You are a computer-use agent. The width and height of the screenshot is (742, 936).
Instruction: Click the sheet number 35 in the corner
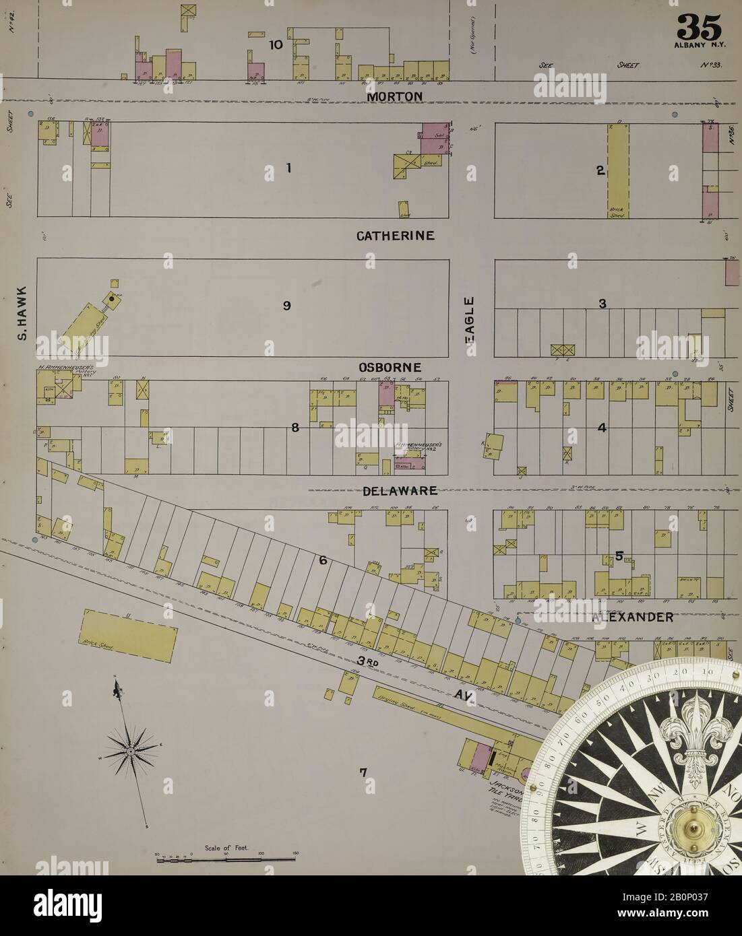pyautogui.click(x=700, y=27)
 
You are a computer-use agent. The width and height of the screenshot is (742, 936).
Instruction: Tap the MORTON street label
pyautogui.click(x=395, y=97)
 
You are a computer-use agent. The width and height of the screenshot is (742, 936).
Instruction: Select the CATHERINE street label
pyautogui.click(x=396, y=236)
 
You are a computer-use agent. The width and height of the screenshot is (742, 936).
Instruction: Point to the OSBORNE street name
pyautogui.click(x=390, y=367)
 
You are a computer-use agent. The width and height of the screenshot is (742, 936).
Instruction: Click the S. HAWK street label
pyautogui.click(x=22, y=313)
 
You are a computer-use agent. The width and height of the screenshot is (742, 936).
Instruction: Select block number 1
pyautogui.click(x=288, y=168)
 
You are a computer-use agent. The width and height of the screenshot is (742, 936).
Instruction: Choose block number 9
pyautogui.click(x=286, y=306)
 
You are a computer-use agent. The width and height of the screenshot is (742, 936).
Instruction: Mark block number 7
pyautogui.click(x=363, y=772)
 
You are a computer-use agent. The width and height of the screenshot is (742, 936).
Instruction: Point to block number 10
pyautogui.click(x=275, y=45)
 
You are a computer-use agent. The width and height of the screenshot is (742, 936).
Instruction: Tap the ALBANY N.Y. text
pyautogui.click(x=699, y=45)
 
